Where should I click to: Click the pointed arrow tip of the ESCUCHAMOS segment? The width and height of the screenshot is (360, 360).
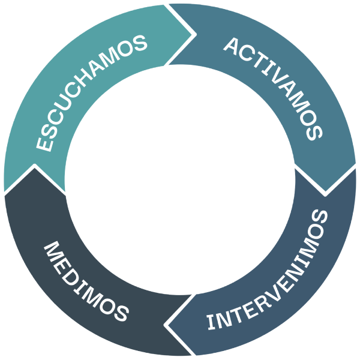click(196, 34)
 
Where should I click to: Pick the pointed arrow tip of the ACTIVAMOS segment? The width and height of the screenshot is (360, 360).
click(325, 195)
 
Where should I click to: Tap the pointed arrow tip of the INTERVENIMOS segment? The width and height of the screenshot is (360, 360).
click(164, 325)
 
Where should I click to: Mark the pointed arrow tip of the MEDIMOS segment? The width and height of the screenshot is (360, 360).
click(34, 165)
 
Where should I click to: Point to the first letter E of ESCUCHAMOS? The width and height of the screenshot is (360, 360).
click(44, 144)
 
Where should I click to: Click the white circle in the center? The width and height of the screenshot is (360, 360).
click(180, 180)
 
